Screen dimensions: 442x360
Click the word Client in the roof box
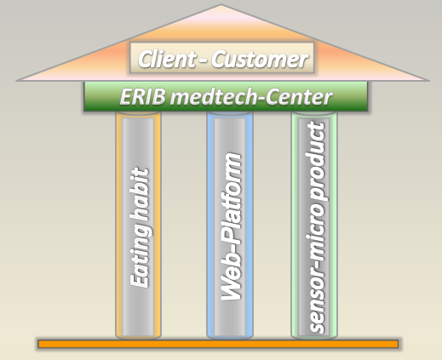coord(167,59)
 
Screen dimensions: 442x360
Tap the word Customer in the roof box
coord(260,60)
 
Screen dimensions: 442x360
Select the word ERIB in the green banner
coord(142,97)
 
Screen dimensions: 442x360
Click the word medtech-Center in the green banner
coord(251,97)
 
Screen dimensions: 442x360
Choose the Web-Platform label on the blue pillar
coord(232,226)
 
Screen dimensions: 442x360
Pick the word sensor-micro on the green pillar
coord(316,268)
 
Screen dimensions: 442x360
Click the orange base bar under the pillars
coord(218,344)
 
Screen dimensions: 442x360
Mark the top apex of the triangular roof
coord(221,5)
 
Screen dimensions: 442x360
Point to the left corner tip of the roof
coord(17,81)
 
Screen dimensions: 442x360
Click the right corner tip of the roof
coord(428,81)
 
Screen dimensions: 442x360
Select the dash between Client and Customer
coord(204,60)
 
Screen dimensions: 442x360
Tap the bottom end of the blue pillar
coord(230,338)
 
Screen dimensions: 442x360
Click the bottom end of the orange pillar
coord(138,338)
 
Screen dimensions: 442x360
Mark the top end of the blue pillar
coord(230,113)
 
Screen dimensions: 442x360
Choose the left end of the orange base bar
coord(38,344)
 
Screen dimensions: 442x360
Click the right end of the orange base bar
coord(398,344)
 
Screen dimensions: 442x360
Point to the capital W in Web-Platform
coord(232,287)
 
